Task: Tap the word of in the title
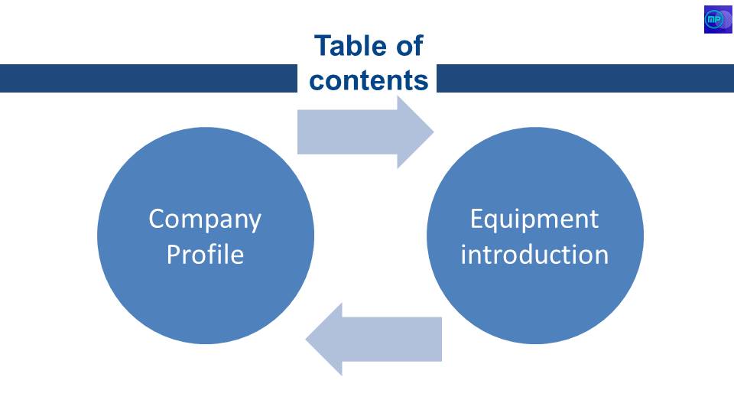[410, 46]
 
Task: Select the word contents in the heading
[369, 80]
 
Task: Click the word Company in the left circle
[205, 220]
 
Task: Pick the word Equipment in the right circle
[534, 220]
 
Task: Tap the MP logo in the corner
[718, 19]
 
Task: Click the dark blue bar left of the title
[148, 78]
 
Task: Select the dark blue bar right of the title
[585, 78]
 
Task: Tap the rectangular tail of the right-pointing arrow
[347, 132]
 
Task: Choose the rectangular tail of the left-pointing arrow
[392, 340]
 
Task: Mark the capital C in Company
[157, 219]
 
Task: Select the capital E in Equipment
[476, 219]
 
